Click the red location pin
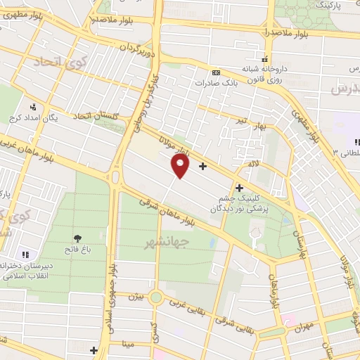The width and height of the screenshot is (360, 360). [x=181, y=166]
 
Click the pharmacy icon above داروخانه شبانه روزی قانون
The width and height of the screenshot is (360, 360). [x=265, y=59]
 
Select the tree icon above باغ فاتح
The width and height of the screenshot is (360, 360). [x=77, y=237]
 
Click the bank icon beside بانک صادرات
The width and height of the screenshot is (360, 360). [x=215, y=72]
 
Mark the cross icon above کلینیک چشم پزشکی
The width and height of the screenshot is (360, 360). [x=240, y=188]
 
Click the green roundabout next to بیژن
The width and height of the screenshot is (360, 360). [x=156, y=297]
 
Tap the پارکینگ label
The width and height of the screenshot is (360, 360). [x=330, y=5]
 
